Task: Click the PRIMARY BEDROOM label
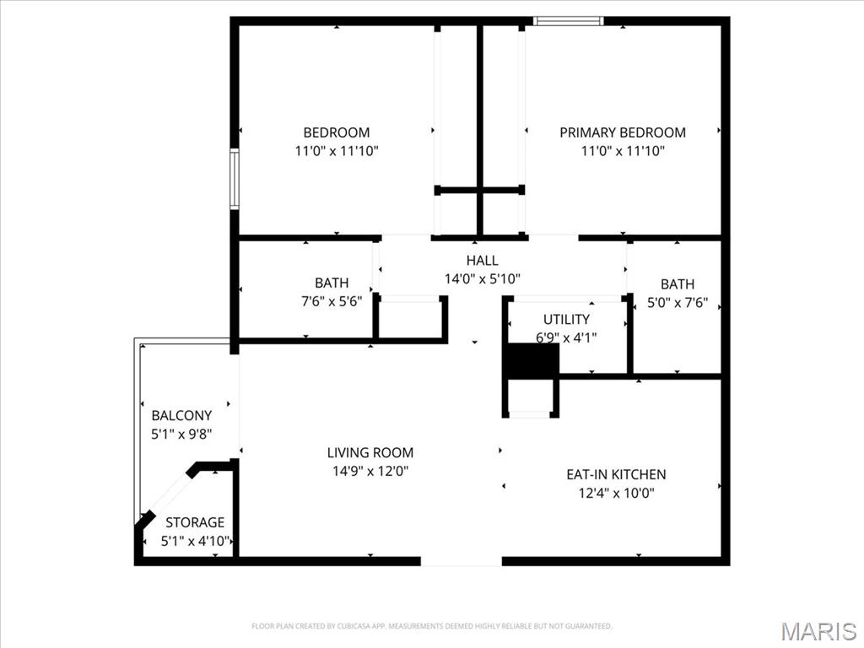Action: (x=623, y=132)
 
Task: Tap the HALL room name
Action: (x=482, y=261)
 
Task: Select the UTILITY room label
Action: (x=566, y=320)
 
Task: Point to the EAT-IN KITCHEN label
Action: (x=616, y=475)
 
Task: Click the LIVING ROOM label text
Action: (x=370, y=453)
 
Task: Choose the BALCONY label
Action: (x=181, y=416)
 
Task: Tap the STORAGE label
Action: (x=195, y=523)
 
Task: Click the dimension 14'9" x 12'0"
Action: (x=370, y=472)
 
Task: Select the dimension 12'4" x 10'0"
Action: (x=616, y=494)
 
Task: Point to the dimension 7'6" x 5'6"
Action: (x=332, y=301)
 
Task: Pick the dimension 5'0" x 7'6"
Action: (x=678, y=303)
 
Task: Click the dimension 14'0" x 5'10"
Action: (x=482, y=278)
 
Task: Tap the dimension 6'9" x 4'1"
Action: (x=566, y=337)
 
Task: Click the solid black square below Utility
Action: (x=532, y=361)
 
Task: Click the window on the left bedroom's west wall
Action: (x=235, y=178)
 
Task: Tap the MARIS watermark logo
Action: (x=818, y=630)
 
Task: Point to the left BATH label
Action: (x=332, y=283)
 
